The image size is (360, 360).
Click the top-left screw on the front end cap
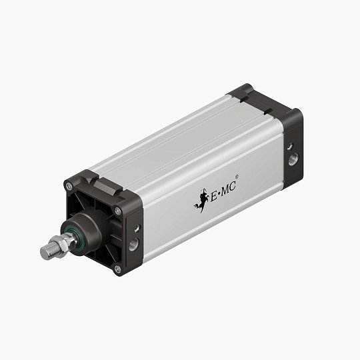[69, 187]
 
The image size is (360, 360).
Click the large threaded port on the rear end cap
[294, 161]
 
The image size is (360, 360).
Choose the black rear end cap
[280, 133]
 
